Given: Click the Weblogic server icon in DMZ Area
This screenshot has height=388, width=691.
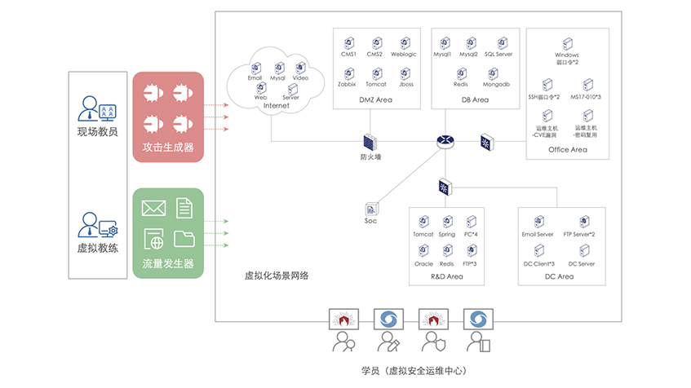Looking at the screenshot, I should (404, 43).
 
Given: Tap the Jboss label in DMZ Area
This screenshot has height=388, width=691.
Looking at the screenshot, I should (405, 84).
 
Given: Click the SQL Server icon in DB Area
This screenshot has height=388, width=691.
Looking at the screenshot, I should (498, 43).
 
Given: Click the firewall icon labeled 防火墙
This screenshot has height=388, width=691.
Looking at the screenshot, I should (370, 140).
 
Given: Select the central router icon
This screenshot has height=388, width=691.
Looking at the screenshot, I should (445, 141).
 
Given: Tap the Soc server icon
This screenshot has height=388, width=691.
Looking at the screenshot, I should (371, 208).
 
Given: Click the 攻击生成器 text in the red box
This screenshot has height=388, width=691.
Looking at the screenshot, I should (168, 148).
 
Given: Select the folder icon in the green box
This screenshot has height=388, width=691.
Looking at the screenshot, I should (184, 238).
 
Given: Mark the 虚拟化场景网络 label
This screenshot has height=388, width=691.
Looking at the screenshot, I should (277, 276).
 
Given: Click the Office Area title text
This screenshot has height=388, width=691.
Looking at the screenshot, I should (568, 149).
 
